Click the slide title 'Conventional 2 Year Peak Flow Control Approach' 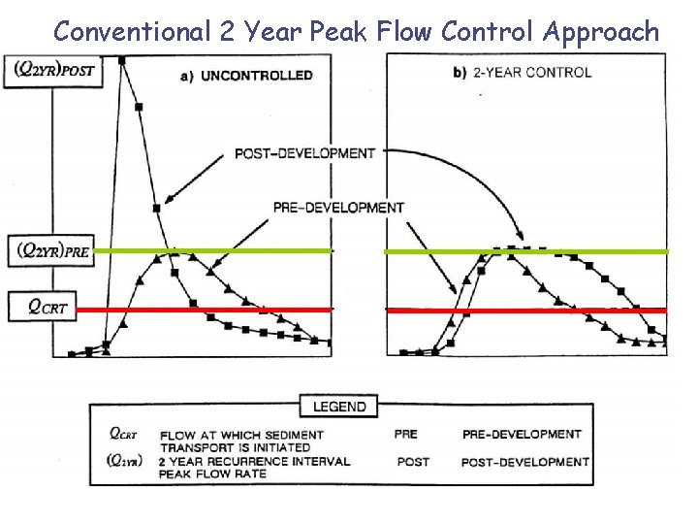coord(356,31)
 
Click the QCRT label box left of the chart coord(48,307)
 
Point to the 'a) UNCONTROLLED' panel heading coord(246,76)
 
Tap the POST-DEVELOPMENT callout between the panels coord(304,153)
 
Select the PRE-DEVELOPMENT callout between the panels coord(338,208)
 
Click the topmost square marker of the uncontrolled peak coord(122,60)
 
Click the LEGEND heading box coord(339,407)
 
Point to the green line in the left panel coord(213,250)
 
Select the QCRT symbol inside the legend coord(123,435)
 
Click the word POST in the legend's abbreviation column coord(413,462)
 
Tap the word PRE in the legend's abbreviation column coord(407,435)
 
